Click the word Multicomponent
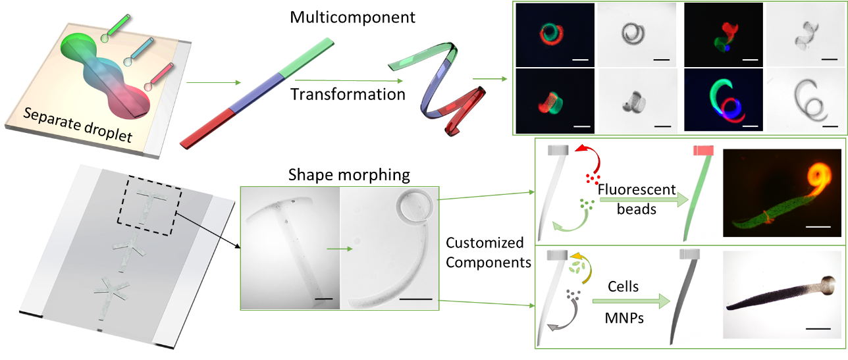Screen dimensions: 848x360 pos(352,17)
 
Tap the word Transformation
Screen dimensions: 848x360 pos(348,94)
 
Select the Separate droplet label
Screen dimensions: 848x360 pos(78,125)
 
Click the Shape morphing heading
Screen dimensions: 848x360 pos(349,175)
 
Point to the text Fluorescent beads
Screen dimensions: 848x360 pos(637,199)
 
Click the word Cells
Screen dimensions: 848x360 pos(623,286)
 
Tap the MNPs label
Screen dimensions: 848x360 pos(624,318)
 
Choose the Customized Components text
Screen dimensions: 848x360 pos(489,253)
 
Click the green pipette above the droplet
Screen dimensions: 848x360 pos(115,28)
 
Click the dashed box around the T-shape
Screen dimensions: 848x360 pos(149,206)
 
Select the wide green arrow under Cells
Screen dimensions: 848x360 pos(631,301)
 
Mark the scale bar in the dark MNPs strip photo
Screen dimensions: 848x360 pos(818,328)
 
